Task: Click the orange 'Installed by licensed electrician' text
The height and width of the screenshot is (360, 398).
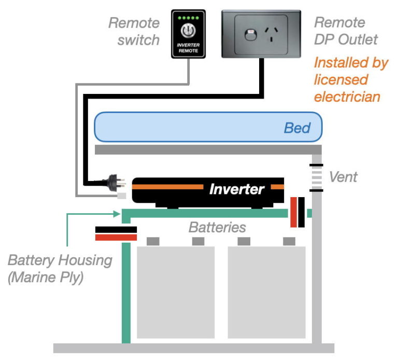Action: coord(350,79)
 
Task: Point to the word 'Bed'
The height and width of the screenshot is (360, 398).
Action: coord(297,128)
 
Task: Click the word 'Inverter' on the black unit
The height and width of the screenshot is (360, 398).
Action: coord(237,189)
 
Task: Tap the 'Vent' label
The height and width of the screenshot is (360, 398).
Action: coord(344,177)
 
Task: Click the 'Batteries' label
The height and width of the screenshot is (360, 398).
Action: coord(217,227)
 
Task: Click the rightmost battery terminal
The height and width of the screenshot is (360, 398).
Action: coord(289,241)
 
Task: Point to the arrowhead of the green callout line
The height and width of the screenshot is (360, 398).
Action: coord(117,213)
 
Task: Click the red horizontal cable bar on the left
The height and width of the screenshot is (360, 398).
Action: coord(116,237)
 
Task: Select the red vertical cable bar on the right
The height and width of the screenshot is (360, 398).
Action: coord(293,212)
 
